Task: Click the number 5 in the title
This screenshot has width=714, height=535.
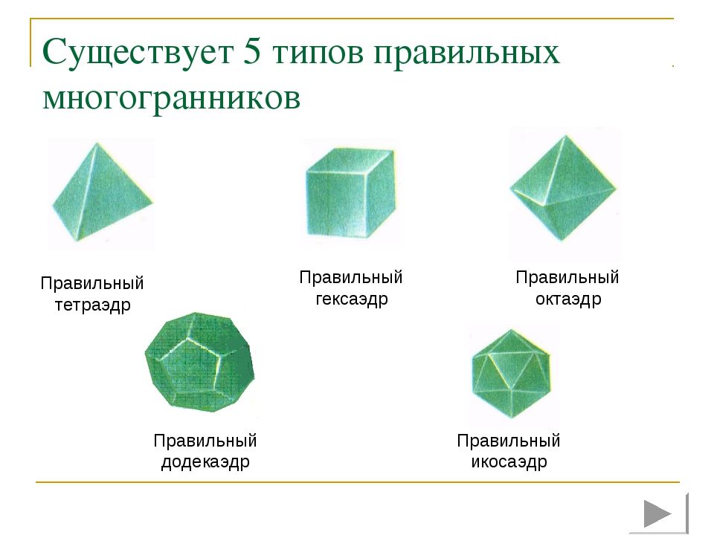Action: click(x=252, y=51)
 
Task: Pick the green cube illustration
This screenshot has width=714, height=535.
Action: click(x=350, y=192)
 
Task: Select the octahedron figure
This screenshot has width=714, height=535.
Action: click(x=563, y=187)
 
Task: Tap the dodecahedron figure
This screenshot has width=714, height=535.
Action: click(x=199, y=362)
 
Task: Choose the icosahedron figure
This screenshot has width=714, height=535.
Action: click(x=512, y=373)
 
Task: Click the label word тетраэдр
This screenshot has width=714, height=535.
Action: click(x=93, y=305)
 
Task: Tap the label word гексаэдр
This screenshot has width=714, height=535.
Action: click(x=352, y=299)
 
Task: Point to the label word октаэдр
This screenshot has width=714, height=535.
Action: click(x=568, y=299)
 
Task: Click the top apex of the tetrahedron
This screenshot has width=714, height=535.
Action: click(x=97, y=143)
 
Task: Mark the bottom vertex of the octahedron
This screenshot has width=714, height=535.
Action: click(x=563, y=241)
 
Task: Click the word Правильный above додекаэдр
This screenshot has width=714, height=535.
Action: click(x=205, y=441)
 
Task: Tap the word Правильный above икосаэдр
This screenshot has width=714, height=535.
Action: click(x=509, y=441)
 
